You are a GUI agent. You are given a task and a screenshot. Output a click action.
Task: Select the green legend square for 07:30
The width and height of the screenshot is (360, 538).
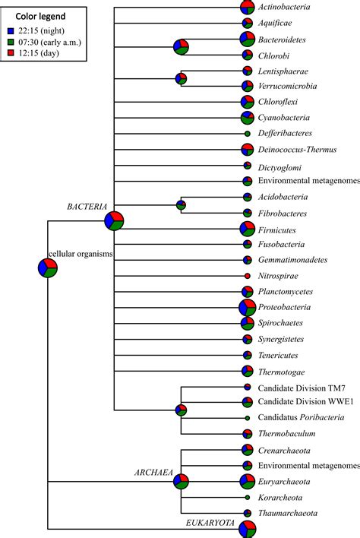pos(10,43)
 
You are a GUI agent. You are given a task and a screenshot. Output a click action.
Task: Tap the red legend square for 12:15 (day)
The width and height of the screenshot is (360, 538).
pos(10,54)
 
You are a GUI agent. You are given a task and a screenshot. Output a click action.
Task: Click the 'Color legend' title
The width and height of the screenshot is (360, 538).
pos(42,16)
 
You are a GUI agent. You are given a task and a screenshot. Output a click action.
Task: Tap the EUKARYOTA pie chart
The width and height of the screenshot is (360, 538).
pos(248,529)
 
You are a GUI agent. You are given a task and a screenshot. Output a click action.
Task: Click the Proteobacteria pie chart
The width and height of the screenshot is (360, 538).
pos(248,308)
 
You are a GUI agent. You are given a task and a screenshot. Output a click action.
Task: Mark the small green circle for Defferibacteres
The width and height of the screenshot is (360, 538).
pos(248,133)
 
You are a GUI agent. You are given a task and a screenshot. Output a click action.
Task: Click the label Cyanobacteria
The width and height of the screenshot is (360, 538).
pos(285,118)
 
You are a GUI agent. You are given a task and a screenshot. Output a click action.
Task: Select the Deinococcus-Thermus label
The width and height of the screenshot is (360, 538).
pos(297,150)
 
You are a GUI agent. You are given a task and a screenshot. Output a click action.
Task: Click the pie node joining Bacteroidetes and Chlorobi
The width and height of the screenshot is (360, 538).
pos(181,47)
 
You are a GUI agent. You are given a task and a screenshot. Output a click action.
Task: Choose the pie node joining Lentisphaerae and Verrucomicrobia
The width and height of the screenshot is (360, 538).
pos(181,78)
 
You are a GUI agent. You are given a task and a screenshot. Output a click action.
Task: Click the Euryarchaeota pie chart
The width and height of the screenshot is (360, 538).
pos(248,481)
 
